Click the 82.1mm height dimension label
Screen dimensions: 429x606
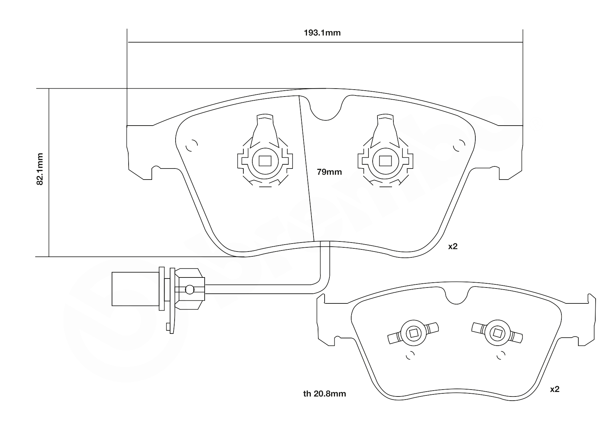click(40, 169)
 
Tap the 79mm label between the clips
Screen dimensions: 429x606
click(329, 172)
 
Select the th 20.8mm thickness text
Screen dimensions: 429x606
click(324, 393)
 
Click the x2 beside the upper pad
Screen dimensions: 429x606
click(453, 246)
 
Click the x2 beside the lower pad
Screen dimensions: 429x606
click(554, 389)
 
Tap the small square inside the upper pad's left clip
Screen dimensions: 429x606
click(265, 161)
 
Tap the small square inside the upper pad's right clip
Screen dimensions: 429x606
click(385, 161)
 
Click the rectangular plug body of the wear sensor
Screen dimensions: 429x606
click(135, 289)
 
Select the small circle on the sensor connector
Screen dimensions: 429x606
click(189, 290)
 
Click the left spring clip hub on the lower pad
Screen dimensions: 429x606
click(413, 333)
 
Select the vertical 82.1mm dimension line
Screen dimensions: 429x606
click(49, 208)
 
